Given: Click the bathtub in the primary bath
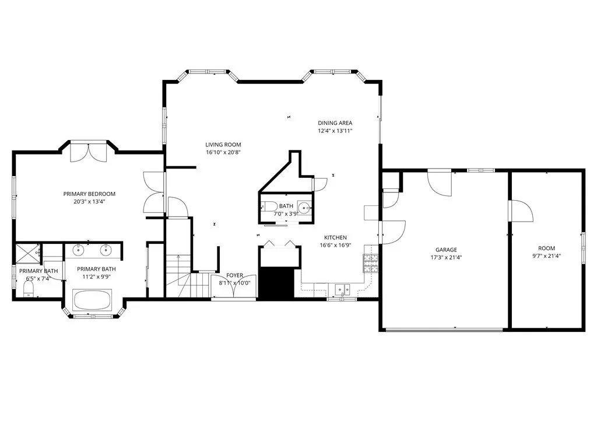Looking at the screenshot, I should click(x=92, y=300).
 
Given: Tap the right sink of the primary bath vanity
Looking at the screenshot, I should click(x=106, y=250).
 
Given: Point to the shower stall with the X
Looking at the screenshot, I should click(x=27, y=253).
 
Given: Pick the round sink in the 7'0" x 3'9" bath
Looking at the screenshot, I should click(x=304, y=207).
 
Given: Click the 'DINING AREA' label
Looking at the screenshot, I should click(x=335, y=123).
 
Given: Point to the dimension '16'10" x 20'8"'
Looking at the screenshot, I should click(x=223, y=152).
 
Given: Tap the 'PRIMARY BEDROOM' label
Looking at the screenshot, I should click(x=89, y=194).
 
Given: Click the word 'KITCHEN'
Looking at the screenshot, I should click(x=335, y=237).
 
